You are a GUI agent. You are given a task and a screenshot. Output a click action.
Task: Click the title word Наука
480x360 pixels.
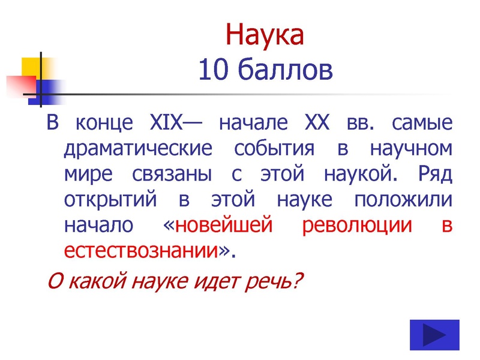265,35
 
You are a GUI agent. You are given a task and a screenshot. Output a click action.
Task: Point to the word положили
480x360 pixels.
400,200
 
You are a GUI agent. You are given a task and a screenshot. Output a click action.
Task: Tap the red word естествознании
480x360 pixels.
140,251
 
